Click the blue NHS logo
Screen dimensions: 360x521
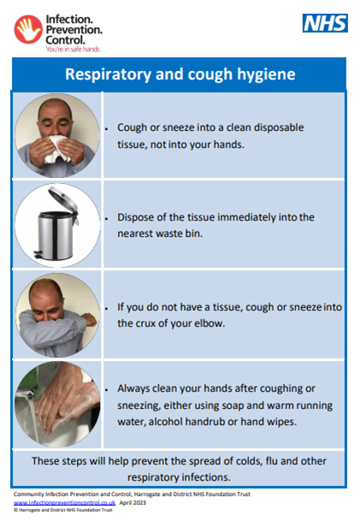tap(325, 23)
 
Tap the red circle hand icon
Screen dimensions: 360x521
tap(28, 29)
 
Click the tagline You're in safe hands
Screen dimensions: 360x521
tap(73, 49)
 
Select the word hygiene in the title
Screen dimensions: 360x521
tap(266, 74)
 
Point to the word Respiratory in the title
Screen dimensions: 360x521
tap(109, 74)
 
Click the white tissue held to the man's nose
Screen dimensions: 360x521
tap(57, 149)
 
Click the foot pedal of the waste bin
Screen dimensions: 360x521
tap(38, 255)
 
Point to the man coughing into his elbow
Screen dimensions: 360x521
tap(57, 315)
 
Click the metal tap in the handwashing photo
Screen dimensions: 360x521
tap(26, 394)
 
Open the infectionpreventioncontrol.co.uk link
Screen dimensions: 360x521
tap(64, 503)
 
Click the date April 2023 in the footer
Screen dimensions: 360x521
tap(133, 502)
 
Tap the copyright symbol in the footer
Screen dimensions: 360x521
tap(15, 510)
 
